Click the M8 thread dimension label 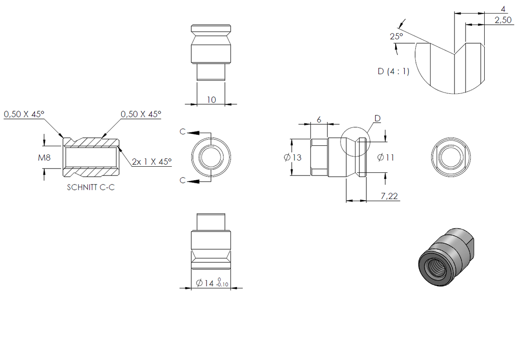44,158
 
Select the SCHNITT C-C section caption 91,187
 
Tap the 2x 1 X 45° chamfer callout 152,161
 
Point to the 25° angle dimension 396,37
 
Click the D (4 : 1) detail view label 393,71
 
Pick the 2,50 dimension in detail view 503,20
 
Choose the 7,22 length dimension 389,196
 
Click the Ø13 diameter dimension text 293,158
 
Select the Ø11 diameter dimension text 386,158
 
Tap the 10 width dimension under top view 211,100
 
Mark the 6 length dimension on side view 319,120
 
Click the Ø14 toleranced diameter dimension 212,283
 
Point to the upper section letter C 183,132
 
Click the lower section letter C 183,181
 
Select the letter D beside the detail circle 378,118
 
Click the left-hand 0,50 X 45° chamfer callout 24,114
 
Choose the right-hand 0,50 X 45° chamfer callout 141,114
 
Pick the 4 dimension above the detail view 503,9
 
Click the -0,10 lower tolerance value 222,285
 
